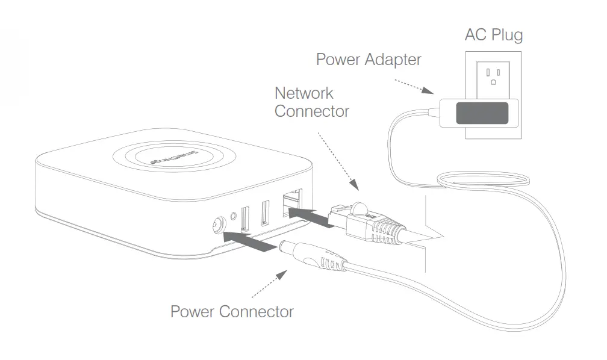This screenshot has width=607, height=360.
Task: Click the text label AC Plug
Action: [x=493, y=34]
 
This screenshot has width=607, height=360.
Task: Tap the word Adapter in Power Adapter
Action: [x=392, y=60]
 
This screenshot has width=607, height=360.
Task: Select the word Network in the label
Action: [x=304, y=93]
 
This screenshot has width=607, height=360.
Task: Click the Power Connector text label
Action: [x=232, y=312]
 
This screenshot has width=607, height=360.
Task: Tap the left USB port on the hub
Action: [x=245, y=220]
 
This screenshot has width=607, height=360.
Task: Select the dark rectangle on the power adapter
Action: [x=482, y=113]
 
